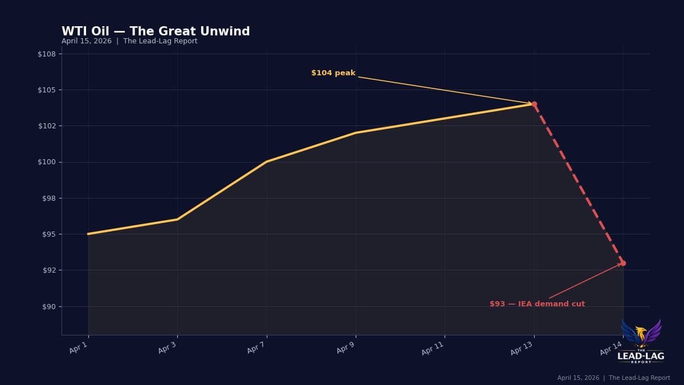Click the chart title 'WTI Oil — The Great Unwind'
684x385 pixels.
tap(156, 31)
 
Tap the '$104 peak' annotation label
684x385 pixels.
tap(333, 73)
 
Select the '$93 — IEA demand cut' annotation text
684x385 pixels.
tap(537, 304)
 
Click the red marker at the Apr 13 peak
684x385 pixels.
tap(534, 104)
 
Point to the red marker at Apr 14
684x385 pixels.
tap(623, 263)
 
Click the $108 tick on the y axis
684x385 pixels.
tap(47, 54)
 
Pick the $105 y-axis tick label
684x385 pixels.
tap(47, 90)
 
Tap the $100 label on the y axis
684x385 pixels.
tap(47, 162)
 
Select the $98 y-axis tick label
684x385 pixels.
tap(48, 198)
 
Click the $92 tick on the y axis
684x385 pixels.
tap(48, 270)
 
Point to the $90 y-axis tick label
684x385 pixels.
tap(48, 307)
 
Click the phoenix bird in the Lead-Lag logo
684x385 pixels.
tap(641, 334)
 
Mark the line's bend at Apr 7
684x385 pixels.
tap(266, 161)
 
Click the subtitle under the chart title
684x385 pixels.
tap(129, 41)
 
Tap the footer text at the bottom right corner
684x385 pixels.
tap(613, 378)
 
